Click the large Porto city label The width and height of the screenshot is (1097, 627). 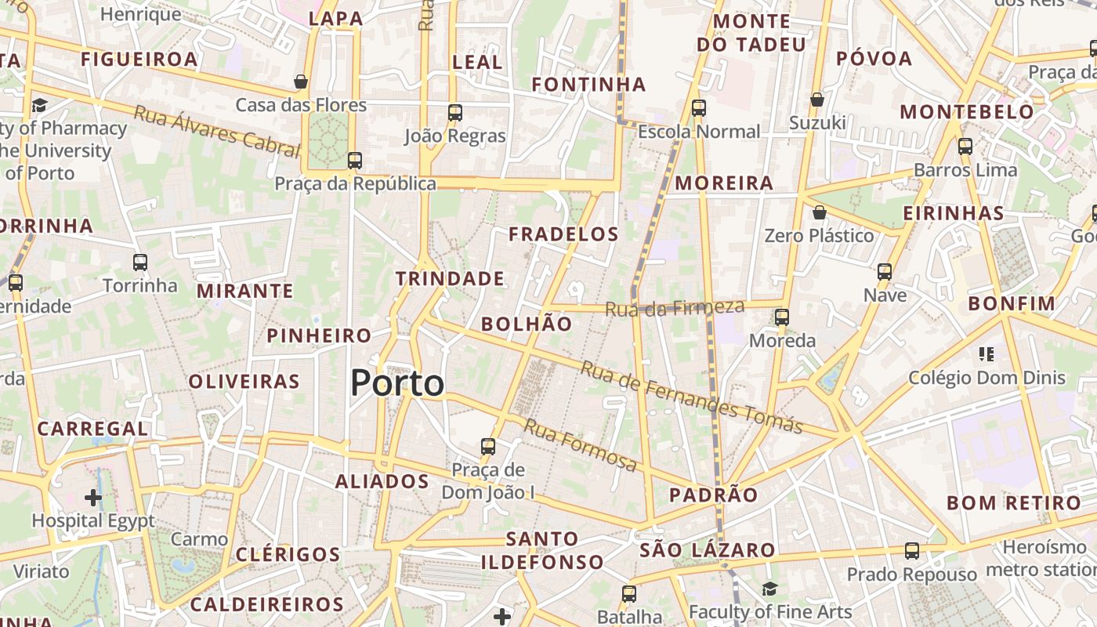click(397, 383)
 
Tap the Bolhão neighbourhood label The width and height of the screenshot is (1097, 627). click(527, 324)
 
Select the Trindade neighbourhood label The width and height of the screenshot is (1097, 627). click(450, 278)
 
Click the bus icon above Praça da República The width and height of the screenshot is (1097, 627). click(355, 161)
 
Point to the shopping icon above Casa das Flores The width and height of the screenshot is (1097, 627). click(300, 82)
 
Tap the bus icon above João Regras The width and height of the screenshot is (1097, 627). click(455, 113)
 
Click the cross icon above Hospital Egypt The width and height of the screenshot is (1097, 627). click(93, 497)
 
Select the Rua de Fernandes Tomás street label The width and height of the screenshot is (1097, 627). click(691, 397)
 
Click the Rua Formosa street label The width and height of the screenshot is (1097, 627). click(580, 445)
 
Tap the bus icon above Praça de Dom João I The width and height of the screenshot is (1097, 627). click(488, 447)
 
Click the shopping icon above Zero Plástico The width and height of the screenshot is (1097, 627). click(819, 212)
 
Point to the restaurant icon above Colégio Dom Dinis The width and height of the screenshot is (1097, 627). click(987, 354)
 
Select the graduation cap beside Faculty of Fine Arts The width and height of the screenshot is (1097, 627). click(769, 589)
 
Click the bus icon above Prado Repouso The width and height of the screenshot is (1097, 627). click(911, 551)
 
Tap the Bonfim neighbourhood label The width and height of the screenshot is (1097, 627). click(1012, 303)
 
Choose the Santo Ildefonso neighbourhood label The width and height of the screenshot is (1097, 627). click(542, 550)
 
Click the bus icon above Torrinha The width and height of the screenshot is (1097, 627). click(140, 263)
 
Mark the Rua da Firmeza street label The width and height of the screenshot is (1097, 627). click(674, 308)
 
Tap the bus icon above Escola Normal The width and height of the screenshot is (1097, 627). click(699, 108)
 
